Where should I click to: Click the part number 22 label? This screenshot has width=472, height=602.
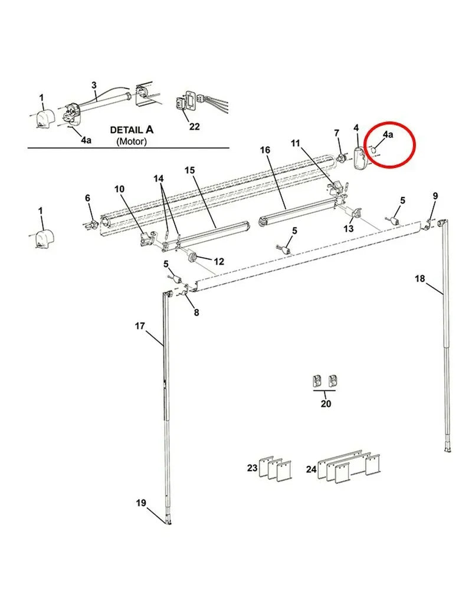click(194, 126)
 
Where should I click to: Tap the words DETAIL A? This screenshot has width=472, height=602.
click(132, 130)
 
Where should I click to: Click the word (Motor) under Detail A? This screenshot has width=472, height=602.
click(132, 142)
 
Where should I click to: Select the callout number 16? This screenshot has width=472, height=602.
click(265, 150)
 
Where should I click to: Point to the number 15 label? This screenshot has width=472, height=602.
click(190, 170)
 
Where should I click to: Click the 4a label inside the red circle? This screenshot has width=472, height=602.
click(388, 134)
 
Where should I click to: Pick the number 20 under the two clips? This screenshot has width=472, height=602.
click(326, 403)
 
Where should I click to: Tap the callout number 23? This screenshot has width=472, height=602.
click(253, 468)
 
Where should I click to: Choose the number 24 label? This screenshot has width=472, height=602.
click(311, 469)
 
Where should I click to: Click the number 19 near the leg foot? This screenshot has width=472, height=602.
click(141, 502)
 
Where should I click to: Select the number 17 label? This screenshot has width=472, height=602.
click(140, 326)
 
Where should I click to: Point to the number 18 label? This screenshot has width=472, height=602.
click(419, 278)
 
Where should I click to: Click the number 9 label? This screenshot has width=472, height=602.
click(435, 196)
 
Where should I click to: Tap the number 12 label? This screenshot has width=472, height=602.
click(218, 261)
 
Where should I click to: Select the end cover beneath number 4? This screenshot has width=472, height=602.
click(360, 157)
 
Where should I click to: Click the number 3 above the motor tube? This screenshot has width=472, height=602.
click(94, 85)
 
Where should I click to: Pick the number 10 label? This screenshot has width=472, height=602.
click(119, 189)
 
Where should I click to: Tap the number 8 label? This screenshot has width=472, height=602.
click(196, 312)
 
